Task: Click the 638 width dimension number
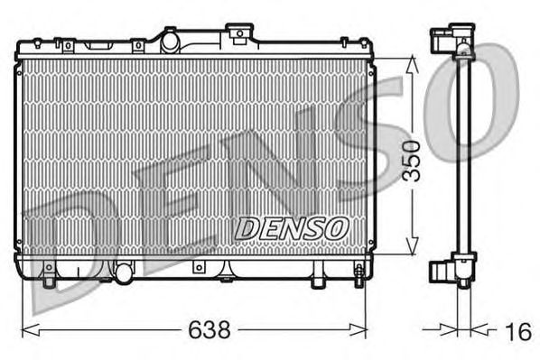point(210,331)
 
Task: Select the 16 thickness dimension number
point(517,332)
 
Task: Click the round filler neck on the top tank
point(170,38)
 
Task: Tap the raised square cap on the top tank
point(241,34)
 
